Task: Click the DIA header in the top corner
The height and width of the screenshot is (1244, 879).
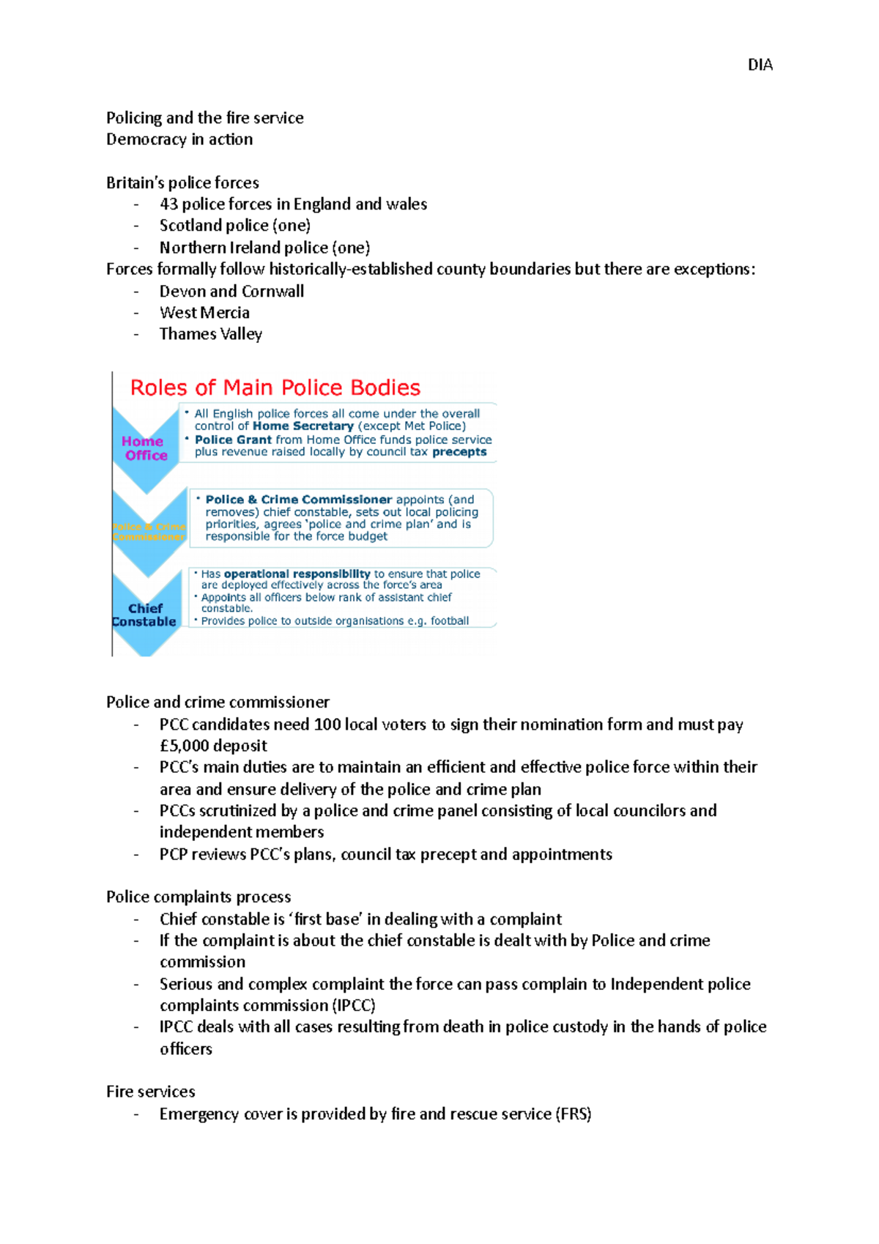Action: [760, 65]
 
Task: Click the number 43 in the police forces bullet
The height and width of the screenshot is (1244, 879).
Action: [168, 204]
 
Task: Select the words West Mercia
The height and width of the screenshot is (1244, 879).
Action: [204, 313]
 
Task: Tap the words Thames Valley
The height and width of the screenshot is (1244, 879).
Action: [210, 334]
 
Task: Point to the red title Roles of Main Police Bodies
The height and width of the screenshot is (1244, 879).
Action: [275, 388]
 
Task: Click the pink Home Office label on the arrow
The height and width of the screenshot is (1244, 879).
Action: [144, 448]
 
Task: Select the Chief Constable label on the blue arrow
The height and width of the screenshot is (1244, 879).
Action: [144, 615]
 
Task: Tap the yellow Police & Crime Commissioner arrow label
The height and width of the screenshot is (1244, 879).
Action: [149, 532]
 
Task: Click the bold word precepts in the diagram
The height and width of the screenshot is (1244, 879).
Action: [459, 452]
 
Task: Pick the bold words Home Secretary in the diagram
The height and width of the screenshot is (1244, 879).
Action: [303, 426]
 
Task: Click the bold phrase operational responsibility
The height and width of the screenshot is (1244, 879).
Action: [297, 574]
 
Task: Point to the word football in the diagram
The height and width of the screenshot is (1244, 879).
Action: [450, 621]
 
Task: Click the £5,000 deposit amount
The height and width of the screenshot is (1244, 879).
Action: [213, 746]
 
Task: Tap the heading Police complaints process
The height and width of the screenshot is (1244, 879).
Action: [199, 897]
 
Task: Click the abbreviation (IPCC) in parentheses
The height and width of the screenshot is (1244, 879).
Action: [355, 1006]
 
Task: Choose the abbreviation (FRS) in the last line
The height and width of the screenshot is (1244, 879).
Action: [574, 1114]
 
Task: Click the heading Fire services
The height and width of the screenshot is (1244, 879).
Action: [150, 1092]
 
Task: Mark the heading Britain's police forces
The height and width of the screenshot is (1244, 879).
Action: [182, 183]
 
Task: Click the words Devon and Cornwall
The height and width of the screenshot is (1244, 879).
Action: [231, 292]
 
